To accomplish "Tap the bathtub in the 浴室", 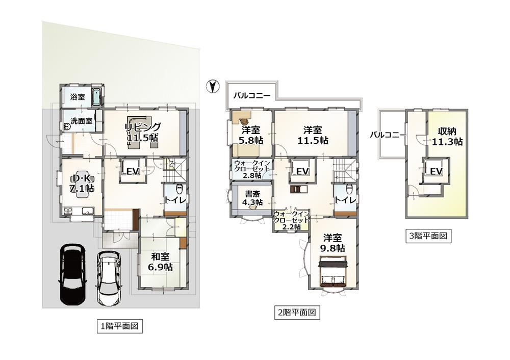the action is pyautogui.click(x=97, y=96).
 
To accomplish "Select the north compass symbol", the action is pyautogui.click(x=213, y=87).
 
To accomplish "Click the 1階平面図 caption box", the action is pyautogui.click(x=120, y=326).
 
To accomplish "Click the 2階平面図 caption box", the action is pyautogui.click(x=297, y=313).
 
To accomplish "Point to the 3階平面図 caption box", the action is pyautogui.click(x=428, y=236).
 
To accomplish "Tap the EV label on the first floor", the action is pyautogui.click(x=133, y=171).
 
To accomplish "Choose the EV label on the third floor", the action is pyautogui.click(x=436, y=171).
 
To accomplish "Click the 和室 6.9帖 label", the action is pyautogui.click(x=160, y=262).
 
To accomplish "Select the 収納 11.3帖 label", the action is pyautogui.click(x=447, y=137).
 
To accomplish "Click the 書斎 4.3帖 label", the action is pyautogui.click(x=252, y=198).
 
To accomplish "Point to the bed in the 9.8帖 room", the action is pyautogui.click(x=334, y=272).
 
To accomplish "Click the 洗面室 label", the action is pyautogui.click(x=82, y=121).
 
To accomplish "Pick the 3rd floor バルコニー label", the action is pyautogui.click(x=388, y=135).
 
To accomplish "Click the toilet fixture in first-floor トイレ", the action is pyautogui.click(x=178, y=189).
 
